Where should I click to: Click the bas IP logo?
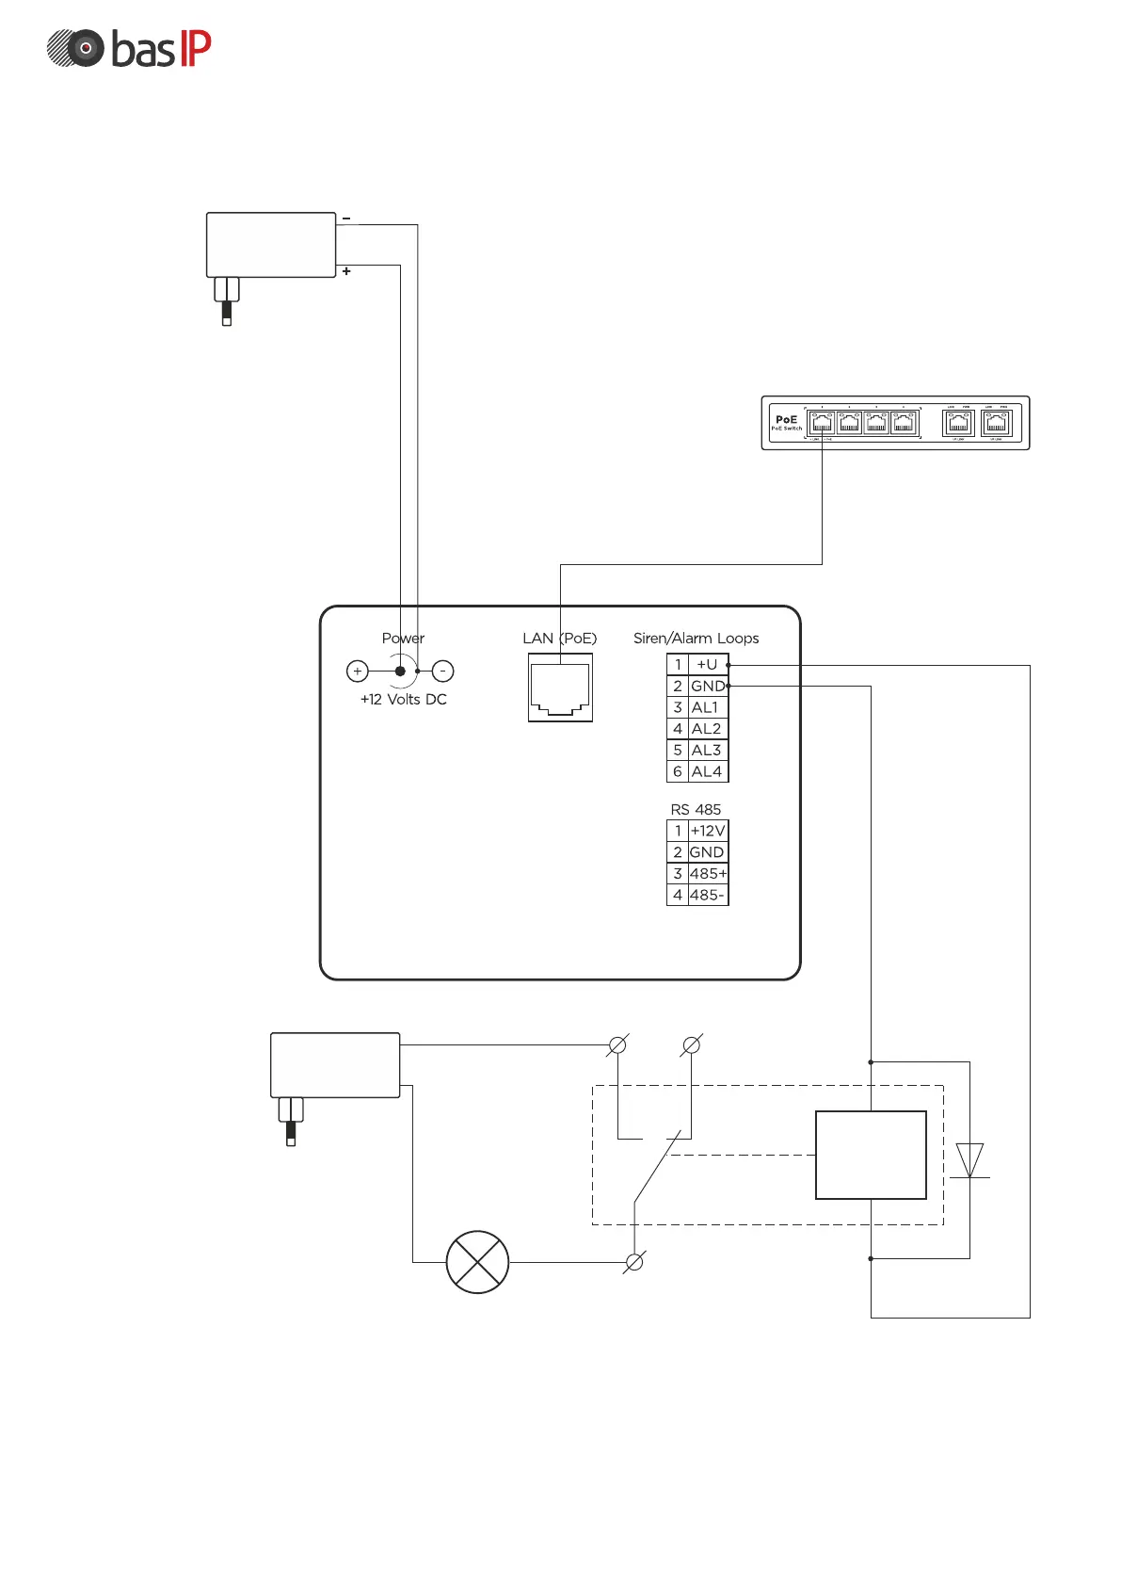(x=129, y=49)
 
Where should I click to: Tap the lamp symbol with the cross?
(x=477, y=1262)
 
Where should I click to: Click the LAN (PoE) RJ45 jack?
(x=560, y=688)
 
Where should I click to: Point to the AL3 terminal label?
(x=706, y=750)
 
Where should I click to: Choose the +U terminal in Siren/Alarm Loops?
(x=707, y=664)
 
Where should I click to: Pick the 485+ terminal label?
(x=708, y=874)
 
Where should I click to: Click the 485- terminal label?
(x=707, y=895)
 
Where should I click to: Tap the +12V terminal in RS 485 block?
(x=708, y=831)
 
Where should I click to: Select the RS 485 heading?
(x=696, y=809)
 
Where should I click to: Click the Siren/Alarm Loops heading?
(x=696, y=638)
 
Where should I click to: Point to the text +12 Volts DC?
(x=403, y=699)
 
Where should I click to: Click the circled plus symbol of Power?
(x=358, y=671)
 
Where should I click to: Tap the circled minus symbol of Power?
(x=442, y=671)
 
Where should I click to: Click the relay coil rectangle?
(x=871, y=1155)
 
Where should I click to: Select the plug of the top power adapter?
(x=227, y=300)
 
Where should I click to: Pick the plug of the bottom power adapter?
(x=291, y=1121)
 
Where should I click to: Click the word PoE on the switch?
(x=786, y=419)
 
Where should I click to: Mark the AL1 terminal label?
(x=705, y=707)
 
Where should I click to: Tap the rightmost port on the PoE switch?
(x=996, y=424)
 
